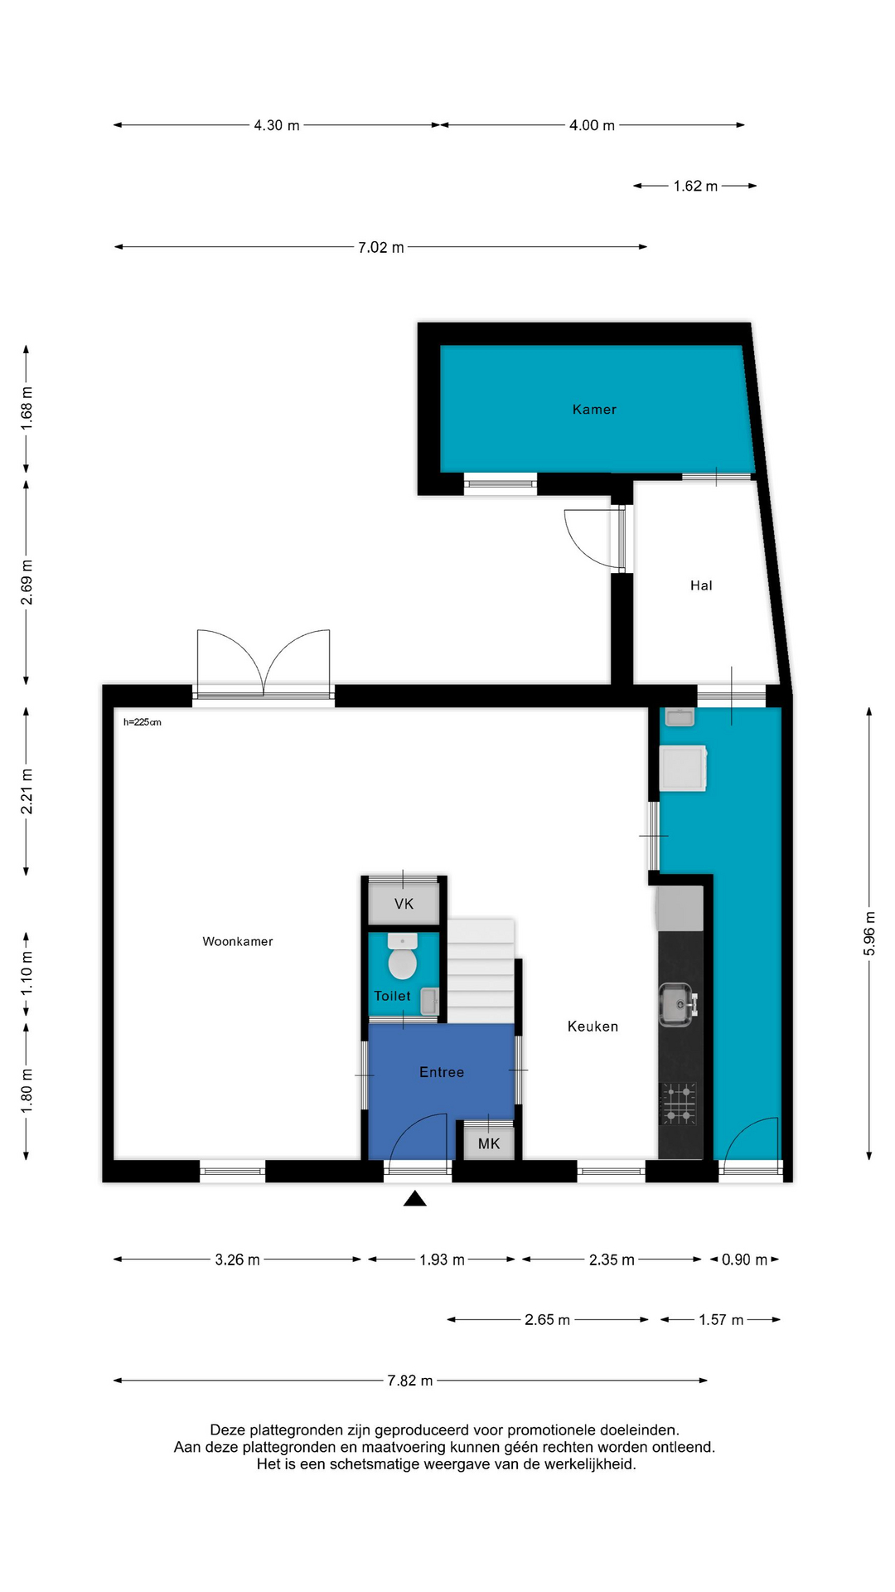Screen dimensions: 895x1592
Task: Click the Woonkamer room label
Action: click(x=238, y=941)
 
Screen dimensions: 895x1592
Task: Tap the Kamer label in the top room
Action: click(x=594, y=410)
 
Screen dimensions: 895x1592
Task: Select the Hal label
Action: click(x=701, y=585)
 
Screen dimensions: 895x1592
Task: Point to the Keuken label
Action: click(x=593, y=1027)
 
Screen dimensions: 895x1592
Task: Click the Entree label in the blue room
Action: click(x=442, y=1072)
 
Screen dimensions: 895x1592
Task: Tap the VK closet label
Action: click(x=404, y=904)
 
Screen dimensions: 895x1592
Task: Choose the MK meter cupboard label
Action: click(x=489, y=1143)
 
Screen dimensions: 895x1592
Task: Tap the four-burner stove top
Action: click(x=679, y=1104)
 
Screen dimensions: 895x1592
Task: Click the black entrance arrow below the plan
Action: click(x=415, y=1198)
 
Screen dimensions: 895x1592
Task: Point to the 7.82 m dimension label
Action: click(x=410, y=1381)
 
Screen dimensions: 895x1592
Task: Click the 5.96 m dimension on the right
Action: click(x=869, y=934)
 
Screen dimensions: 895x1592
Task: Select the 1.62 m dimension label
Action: click(x=695, y=187)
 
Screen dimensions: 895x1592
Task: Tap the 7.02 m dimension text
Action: click(x=381, y=247)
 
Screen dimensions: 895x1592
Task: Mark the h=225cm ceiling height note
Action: click(x=143, y=722)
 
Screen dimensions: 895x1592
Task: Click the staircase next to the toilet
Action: click(x=481, y=971)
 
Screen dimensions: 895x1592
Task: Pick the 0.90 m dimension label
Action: click(x=744, y=1260)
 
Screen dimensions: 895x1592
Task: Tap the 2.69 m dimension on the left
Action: click(x=27, y=582)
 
